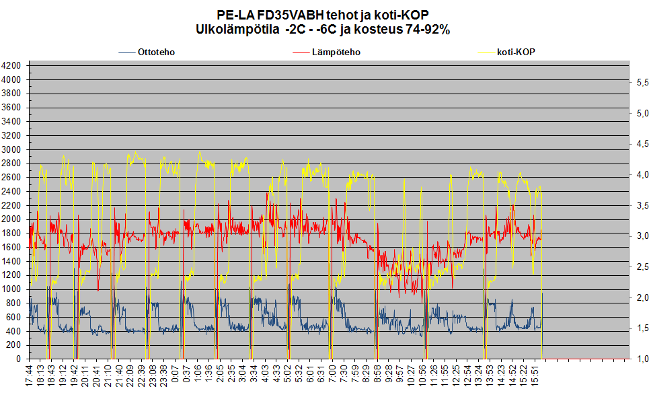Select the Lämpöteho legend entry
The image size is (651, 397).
pos(336,52)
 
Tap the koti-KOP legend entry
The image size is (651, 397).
pos(516,52)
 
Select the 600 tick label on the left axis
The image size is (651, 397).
pos(15,317)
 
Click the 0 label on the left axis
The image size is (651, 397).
pos(20,359)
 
